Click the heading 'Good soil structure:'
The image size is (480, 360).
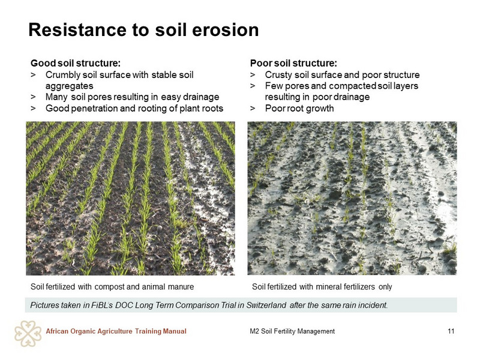pos(76,63)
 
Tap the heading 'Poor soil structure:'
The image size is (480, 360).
pos(293,63)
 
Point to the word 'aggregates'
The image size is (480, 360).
pos(70,86)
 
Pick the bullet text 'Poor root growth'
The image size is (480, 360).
pos(299,109)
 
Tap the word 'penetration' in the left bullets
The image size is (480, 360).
pos(95,109)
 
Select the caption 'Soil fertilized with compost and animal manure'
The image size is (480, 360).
pos(112,287)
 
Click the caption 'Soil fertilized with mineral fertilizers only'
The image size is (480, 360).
pos(322,287)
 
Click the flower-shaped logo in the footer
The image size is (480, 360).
pos(28,334)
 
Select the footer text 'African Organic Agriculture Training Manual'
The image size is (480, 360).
pos(116,331)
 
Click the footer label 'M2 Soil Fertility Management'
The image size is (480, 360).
pos(292,331)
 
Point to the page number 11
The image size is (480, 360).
pos(451,331)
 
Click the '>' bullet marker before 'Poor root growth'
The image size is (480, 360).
pos(253,109)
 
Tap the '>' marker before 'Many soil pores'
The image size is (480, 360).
pos(33,97)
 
